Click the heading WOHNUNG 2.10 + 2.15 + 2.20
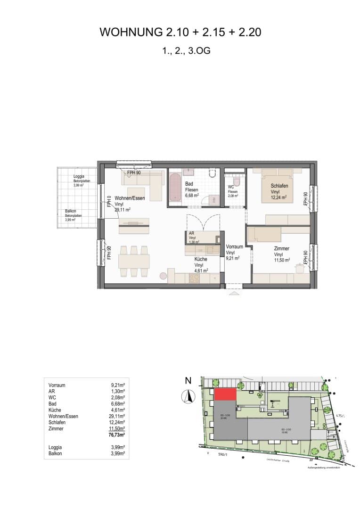click(180, 32)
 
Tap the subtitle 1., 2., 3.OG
click(180, 50)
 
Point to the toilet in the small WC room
click(236, 181)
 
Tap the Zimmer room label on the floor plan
click(282, 248)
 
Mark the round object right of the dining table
click(164, 276)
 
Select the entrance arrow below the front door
click(233, 293)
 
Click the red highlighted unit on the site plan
click(225, 395)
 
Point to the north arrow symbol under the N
click(188, 397)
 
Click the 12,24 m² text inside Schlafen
click(280, 198)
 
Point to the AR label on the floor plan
click(191, 233)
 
